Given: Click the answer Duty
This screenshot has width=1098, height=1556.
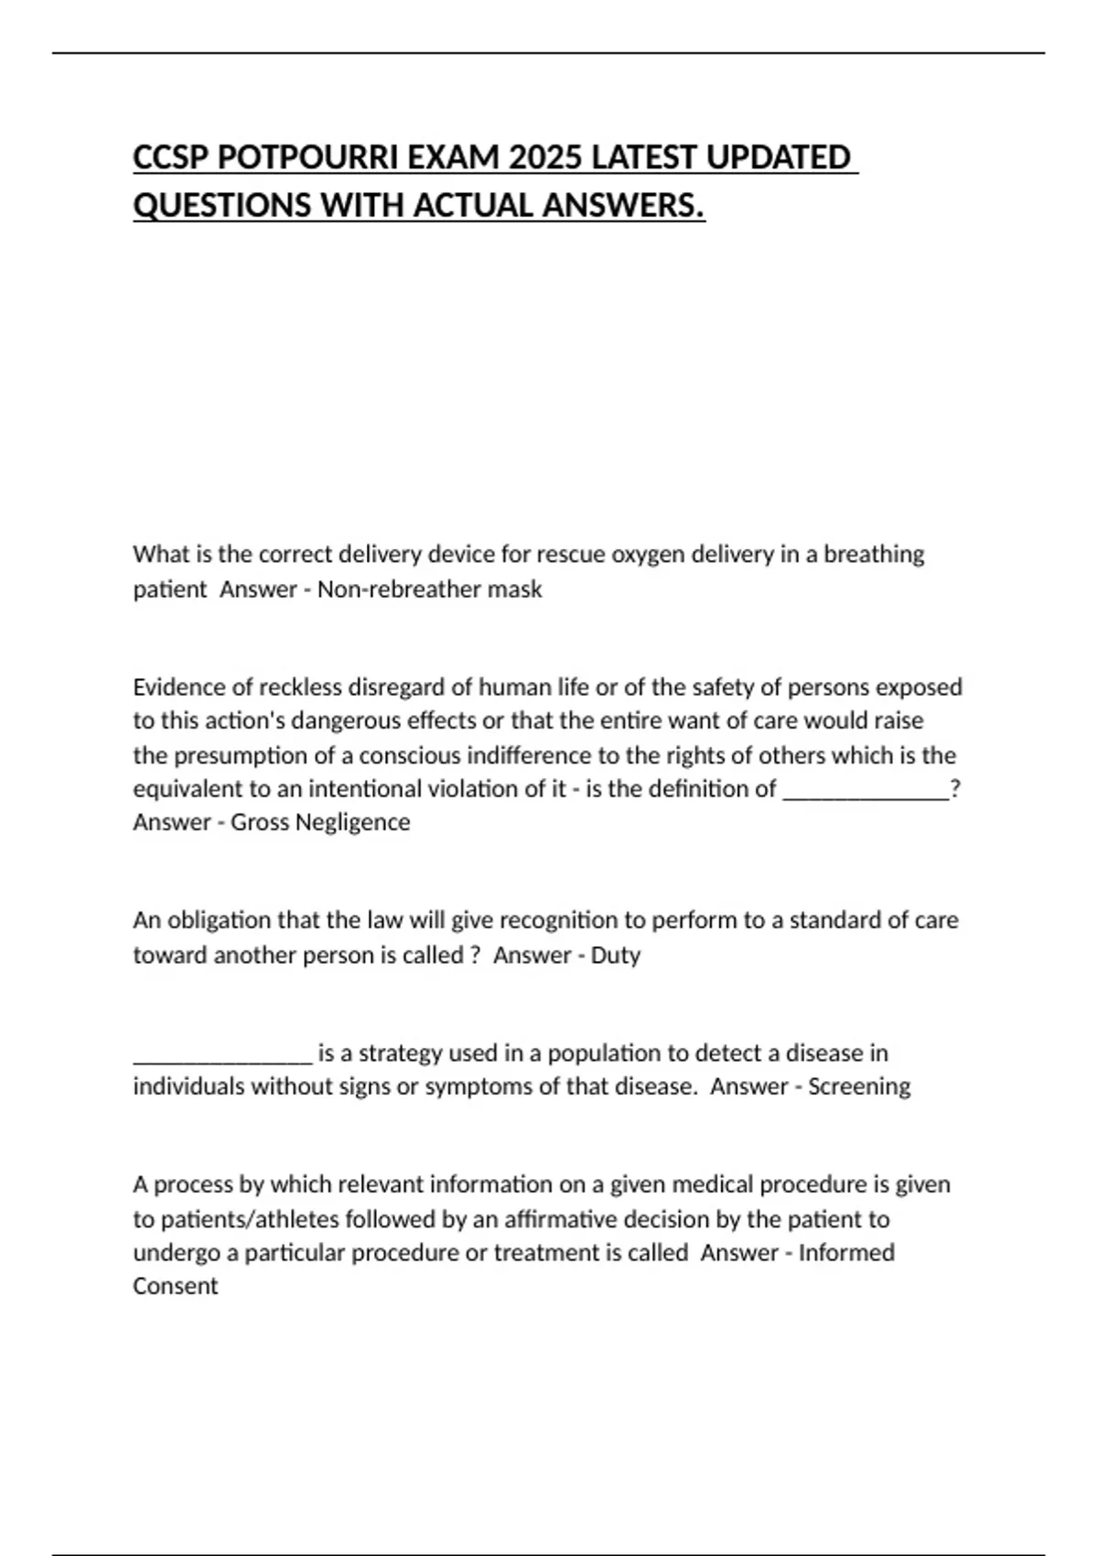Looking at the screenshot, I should click(615, 956).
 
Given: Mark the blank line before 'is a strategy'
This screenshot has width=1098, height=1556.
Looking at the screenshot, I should click(222, 1054).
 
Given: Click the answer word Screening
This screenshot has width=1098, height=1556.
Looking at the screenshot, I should click(859, 1086).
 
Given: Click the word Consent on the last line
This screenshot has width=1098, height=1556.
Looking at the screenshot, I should click(176, 1287).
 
